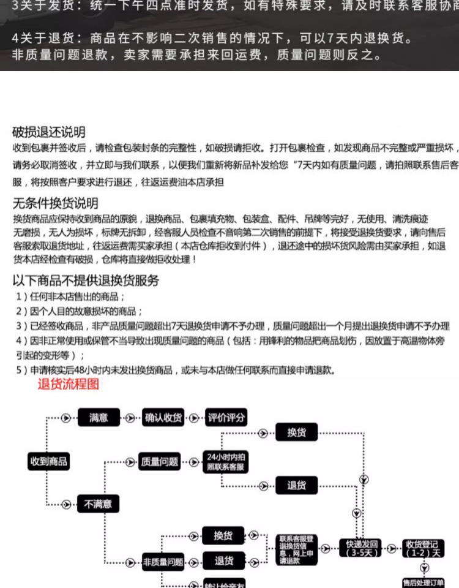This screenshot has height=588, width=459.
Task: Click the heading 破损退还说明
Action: tap(49, 132)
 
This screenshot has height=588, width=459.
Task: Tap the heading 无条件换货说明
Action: tap(55, 203)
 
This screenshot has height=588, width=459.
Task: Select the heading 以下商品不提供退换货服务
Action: tap(86, 281)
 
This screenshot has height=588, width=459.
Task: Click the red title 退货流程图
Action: tap(68, 385)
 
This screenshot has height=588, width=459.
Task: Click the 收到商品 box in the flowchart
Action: tap(48, 461)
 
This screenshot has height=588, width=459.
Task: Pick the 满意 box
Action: tap(99, 418)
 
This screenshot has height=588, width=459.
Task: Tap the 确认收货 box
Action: tap(163, 418)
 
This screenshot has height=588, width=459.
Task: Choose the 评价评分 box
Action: tap(226, 418)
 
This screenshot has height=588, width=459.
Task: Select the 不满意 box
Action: tap(99, 504)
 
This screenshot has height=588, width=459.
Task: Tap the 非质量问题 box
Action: tap(163, 562)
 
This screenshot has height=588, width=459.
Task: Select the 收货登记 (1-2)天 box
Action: tap(422, 547)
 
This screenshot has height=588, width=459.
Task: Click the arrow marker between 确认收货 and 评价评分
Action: tap(194, 418)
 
